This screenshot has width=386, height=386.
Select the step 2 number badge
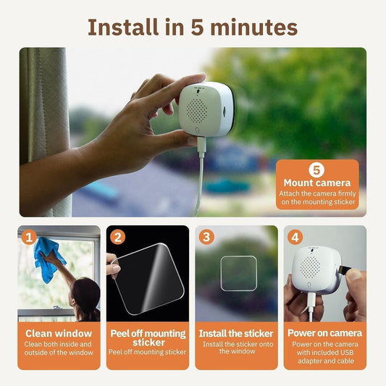[x=118, y=237]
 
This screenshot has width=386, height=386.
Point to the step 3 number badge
[x=206, y=237]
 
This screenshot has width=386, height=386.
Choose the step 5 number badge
[x=316, y=170]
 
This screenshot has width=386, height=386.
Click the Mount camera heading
[x=316, y=183]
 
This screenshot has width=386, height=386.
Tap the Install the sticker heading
[x=236, y=333]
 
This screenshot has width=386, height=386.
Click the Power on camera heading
[x=324, y=333]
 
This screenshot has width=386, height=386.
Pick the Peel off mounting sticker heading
[x=148, y=337]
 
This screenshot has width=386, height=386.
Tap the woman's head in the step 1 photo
[x=85, y=293]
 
